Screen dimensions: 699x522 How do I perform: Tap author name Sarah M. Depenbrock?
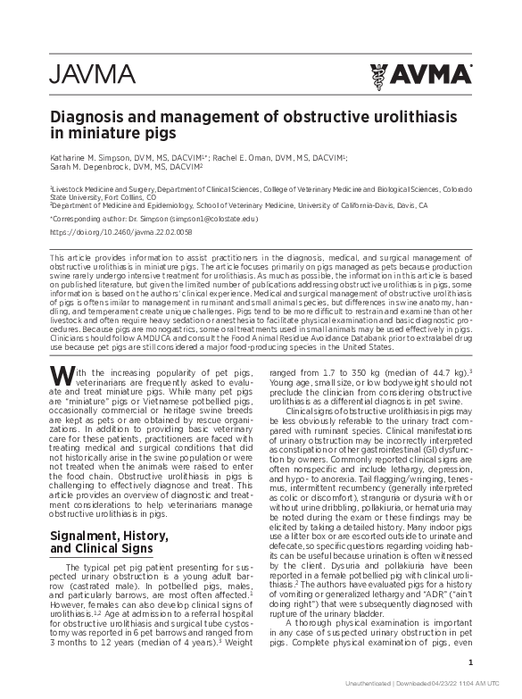pyautogui.click(x=93, y=167)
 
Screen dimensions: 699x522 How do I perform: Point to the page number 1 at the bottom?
pyautogui.click(x=470, y=662)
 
